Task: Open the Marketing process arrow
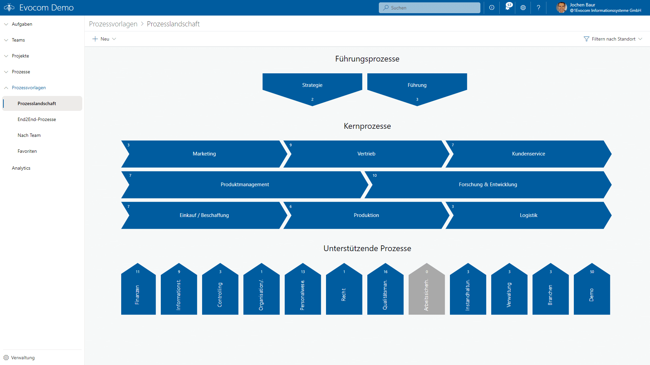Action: pos(204,154)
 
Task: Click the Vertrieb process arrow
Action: pos(366,154)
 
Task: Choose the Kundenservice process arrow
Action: pos(528,154)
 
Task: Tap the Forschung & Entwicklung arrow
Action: pos(488,185)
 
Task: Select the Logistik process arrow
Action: pos(528,215)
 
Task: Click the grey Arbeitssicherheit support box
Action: pos(427,291)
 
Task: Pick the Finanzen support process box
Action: pos(138,291)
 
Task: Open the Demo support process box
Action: pos(592,291)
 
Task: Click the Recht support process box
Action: pos(344,291)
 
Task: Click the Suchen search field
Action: pos(429,8)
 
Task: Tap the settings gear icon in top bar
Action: pos(523,8)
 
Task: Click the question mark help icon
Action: pos(539,8)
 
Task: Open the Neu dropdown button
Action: pos(104,39)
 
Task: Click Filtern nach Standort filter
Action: pos(613,39)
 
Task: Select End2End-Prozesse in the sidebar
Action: pos(37,119)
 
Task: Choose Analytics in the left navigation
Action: pos(21,168)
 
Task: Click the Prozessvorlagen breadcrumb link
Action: pos(113,24)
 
